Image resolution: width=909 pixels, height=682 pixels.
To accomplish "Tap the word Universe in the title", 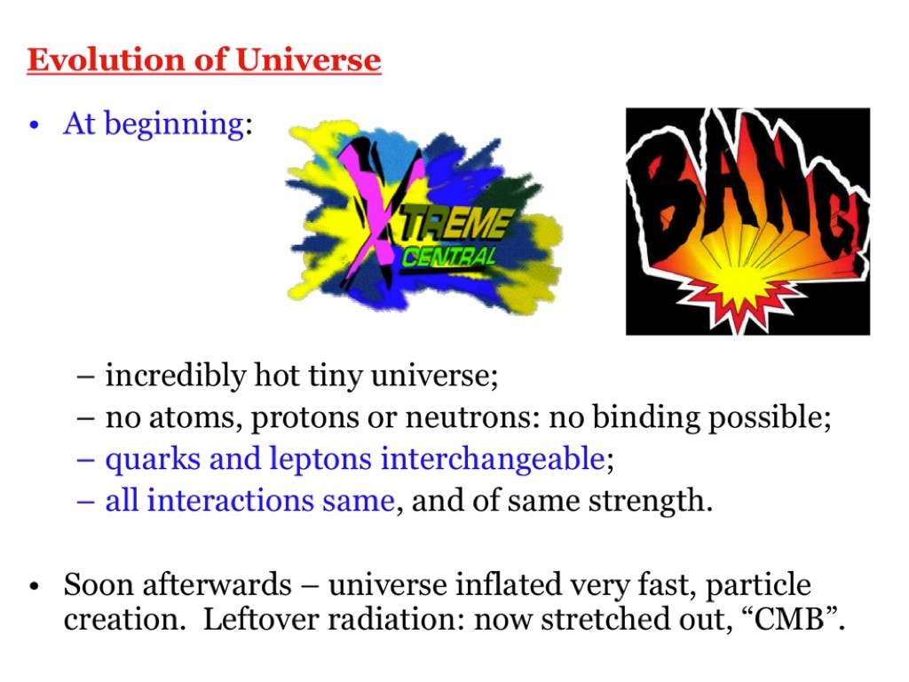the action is (x=308, y=59).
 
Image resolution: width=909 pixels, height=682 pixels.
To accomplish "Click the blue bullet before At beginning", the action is (x=35, y=125).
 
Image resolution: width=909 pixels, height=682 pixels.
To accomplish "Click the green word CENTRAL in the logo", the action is (x=449, y=257).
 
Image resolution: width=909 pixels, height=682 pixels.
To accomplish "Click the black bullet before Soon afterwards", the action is (x=35, y=586).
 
